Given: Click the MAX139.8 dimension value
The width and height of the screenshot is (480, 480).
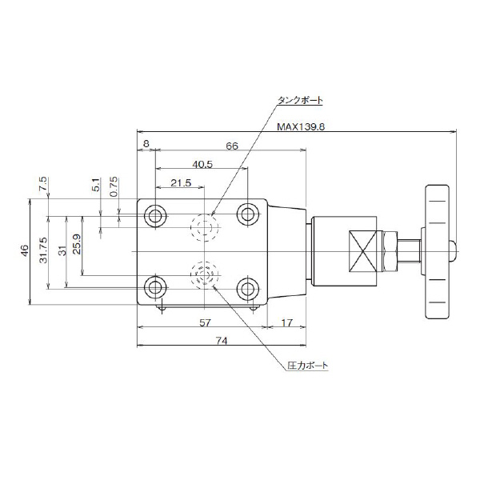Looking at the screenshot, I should (299, 126).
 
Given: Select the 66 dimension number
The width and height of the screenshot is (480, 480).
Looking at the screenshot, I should (231, 146).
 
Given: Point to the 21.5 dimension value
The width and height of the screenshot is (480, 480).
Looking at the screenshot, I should (181, 183).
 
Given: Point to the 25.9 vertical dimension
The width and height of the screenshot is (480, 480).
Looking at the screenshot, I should (76, 243).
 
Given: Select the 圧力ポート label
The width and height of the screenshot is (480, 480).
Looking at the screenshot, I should (307, 366).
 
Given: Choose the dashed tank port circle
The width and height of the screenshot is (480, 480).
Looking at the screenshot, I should (203, 229).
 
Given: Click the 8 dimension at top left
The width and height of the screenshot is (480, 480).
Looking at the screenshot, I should (146, 144).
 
